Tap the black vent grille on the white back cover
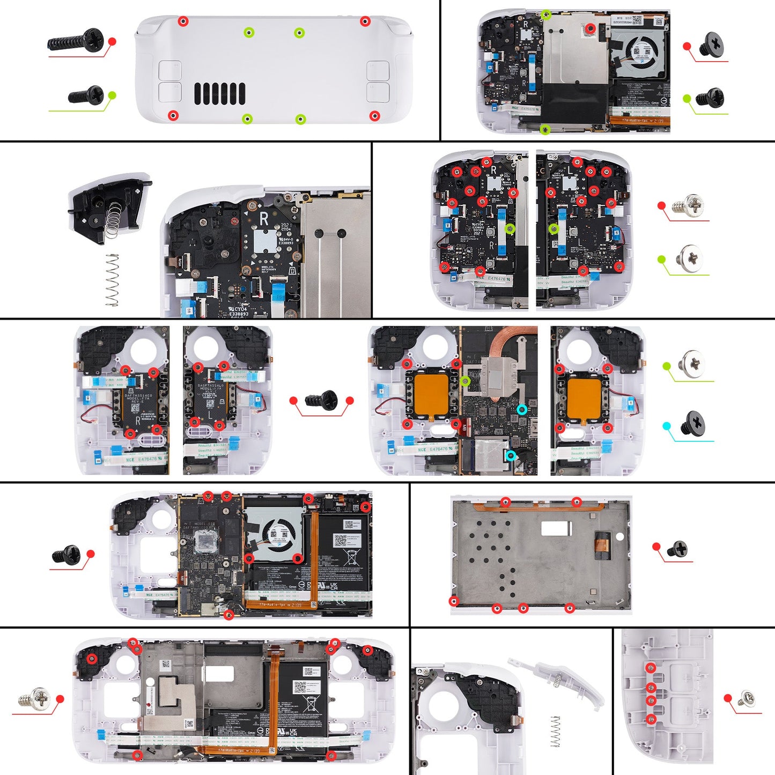point(219,94)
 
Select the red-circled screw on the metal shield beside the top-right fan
point(590,28)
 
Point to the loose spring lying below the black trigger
point(112,279)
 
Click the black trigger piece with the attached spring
point(107,206)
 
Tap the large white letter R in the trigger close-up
point(263,218)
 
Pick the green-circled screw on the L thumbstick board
point(554,229)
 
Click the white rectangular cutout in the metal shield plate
point(556,528)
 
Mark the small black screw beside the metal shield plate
point(677,549)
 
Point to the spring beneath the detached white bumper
point(556,732)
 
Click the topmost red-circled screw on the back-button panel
point(651,667)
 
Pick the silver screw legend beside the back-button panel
point(746,699)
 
